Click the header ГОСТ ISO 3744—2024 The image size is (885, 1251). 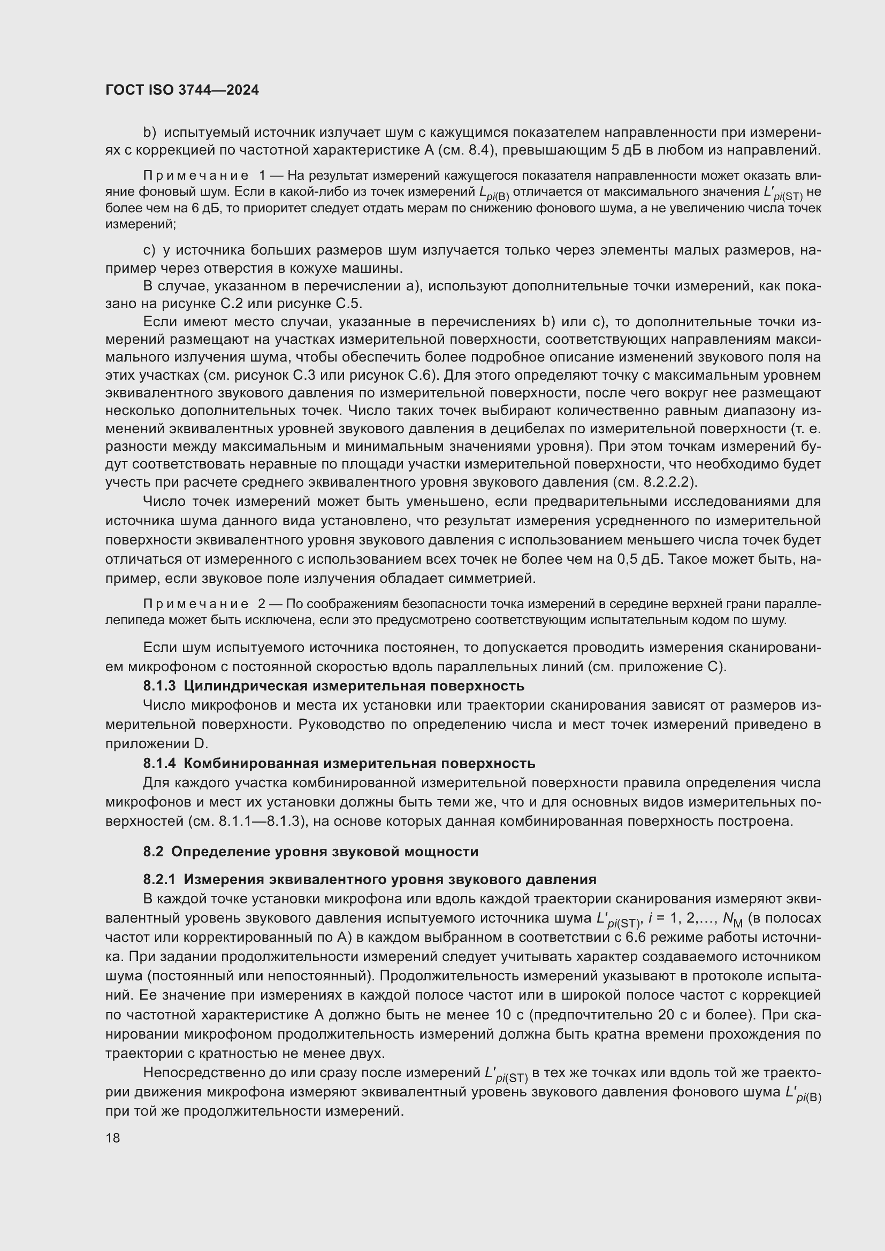(182, 90)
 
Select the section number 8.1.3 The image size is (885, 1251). (159, 686)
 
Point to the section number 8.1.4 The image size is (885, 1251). (159, 763)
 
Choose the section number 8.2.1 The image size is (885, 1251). (159, 879)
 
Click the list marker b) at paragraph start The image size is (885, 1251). (149, 133)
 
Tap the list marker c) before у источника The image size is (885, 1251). (149, 251)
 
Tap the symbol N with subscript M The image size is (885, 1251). (732, 919)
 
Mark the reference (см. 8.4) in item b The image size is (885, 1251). (467, 150)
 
